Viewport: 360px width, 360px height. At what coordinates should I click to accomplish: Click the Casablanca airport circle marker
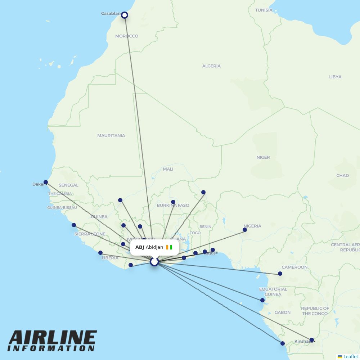[125, 15]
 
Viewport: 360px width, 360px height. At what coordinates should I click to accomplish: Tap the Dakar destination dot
[46, 182]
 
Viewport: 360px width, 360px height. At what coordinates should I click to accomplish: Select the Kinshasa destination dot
[312, 340]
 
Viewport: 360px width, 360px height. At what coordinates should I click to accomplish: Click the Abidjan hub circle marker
[154, 262]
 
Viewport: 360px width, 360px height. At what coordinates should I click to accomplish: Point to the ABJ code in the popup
[140, 247]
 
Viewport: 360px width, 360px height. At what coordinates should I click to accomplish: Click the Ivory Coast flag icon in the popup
[169, 247]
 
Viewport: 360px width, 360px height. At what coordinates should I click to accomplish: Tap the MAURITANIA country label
[111, 136]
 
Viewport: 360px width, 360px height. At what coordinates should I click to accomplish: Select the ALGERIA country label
[211, 66]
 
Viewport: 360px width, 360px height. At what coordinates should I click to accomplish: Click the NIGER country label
[263, 158]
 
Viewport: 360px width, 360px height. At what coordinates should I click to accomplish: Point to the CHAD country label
[342, 176]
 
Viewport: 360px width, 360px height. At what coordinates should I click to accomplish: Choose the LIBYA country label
[335, 77]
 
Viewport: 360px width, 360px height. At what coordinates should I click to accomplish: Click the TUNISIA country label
[264, 10]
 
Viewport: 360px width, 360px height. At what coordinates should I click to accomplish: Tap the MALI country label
[168, 169]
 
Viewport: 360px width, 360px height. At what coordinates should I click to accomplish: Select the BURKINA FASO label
[173, 206]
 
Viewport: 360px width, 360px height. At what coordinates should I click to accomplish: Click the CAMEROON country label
[294, 267]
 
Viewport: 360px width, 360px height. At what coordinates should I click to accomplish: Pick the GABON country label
[283, 312]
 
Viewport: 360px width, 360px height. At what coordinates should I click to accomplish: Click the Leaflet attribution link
[350, 356]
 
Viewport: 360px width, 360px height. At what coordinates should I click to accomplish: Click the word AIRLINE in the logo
[53, 338]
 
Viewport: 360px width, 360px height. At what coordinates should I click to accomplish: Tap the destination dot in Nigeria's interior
[245, 230]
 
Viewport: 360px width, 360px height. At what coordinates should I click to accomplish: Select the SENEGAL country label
[68, 185]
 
